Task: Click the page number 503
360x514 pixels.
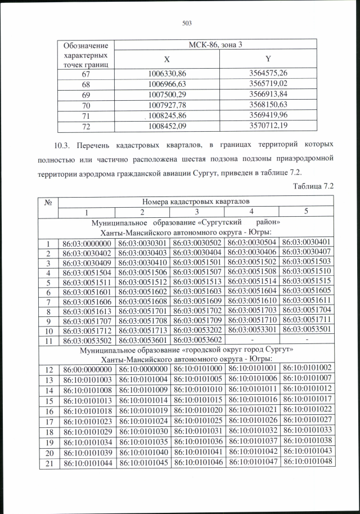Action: [x=187, y=23]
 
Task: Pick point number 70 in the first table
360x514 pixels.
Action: [x=85, y=104]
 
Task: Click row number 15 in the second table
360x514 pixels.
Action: [x=49, y=399]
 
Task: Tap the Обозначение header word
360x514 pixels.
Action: [x=85, y=45]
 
